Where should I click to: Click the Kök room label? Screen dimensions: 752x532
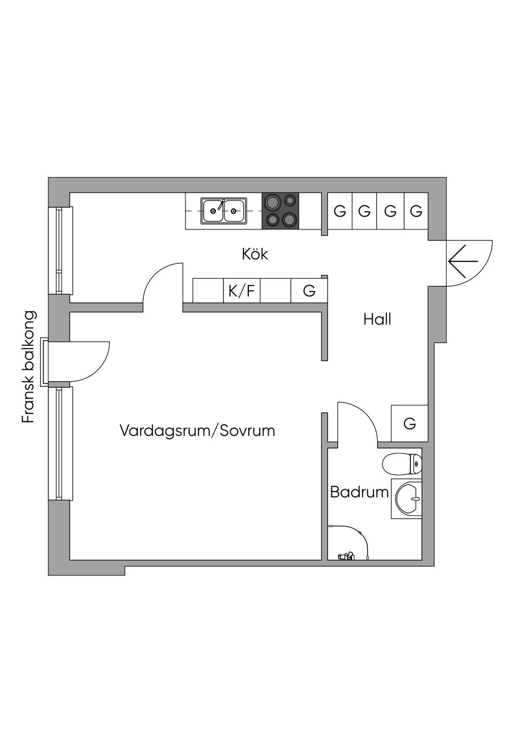coord(255,254)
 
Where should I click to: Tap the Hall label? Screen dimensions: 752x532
coord(377,319)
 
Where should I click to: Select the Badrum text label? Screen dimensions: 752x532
coord(359,492)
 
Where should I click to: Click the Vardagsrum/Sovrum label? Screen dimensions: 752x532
coord(197,431)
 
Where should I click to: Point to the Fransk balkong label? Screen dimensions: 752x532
coord(29,367)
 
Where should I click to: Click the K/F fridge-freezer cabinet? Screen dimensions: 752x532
coord(242,291)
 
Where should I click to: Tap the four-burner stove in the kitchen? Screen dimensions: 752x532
coord(281,211)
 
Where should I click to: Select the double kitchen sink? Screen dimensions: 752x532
coord(224,211)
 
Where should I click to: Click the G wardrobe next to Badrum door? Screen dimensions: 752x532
coord(409,423)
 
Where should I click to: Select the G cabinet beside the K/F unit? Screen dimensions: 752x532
coord(309,291)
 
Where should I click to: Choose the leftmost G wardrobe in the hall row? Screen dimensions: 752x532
coord(340,211)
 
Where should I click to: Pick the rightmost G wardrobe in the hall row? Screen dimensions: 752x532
coord(416,211)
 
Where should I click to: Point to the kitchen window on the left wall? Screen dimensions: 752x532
coord(64,250)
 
